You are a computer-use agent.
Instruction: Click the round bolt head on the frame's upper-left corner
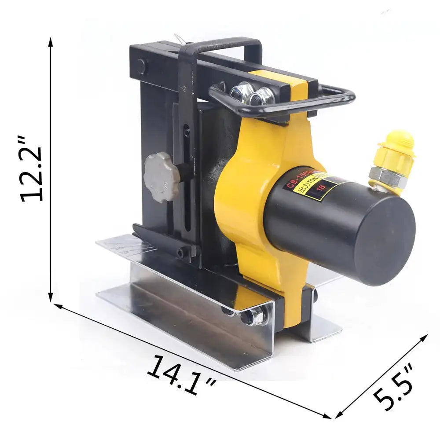pyautogui.click(x=141, y=66)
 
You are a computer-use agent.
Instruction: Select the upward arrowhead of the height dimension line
pyautogui.click(x=51, y=42)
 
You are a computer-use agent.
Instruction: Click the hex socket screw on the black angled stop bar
pyautogui.click(x=180, y=253)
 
